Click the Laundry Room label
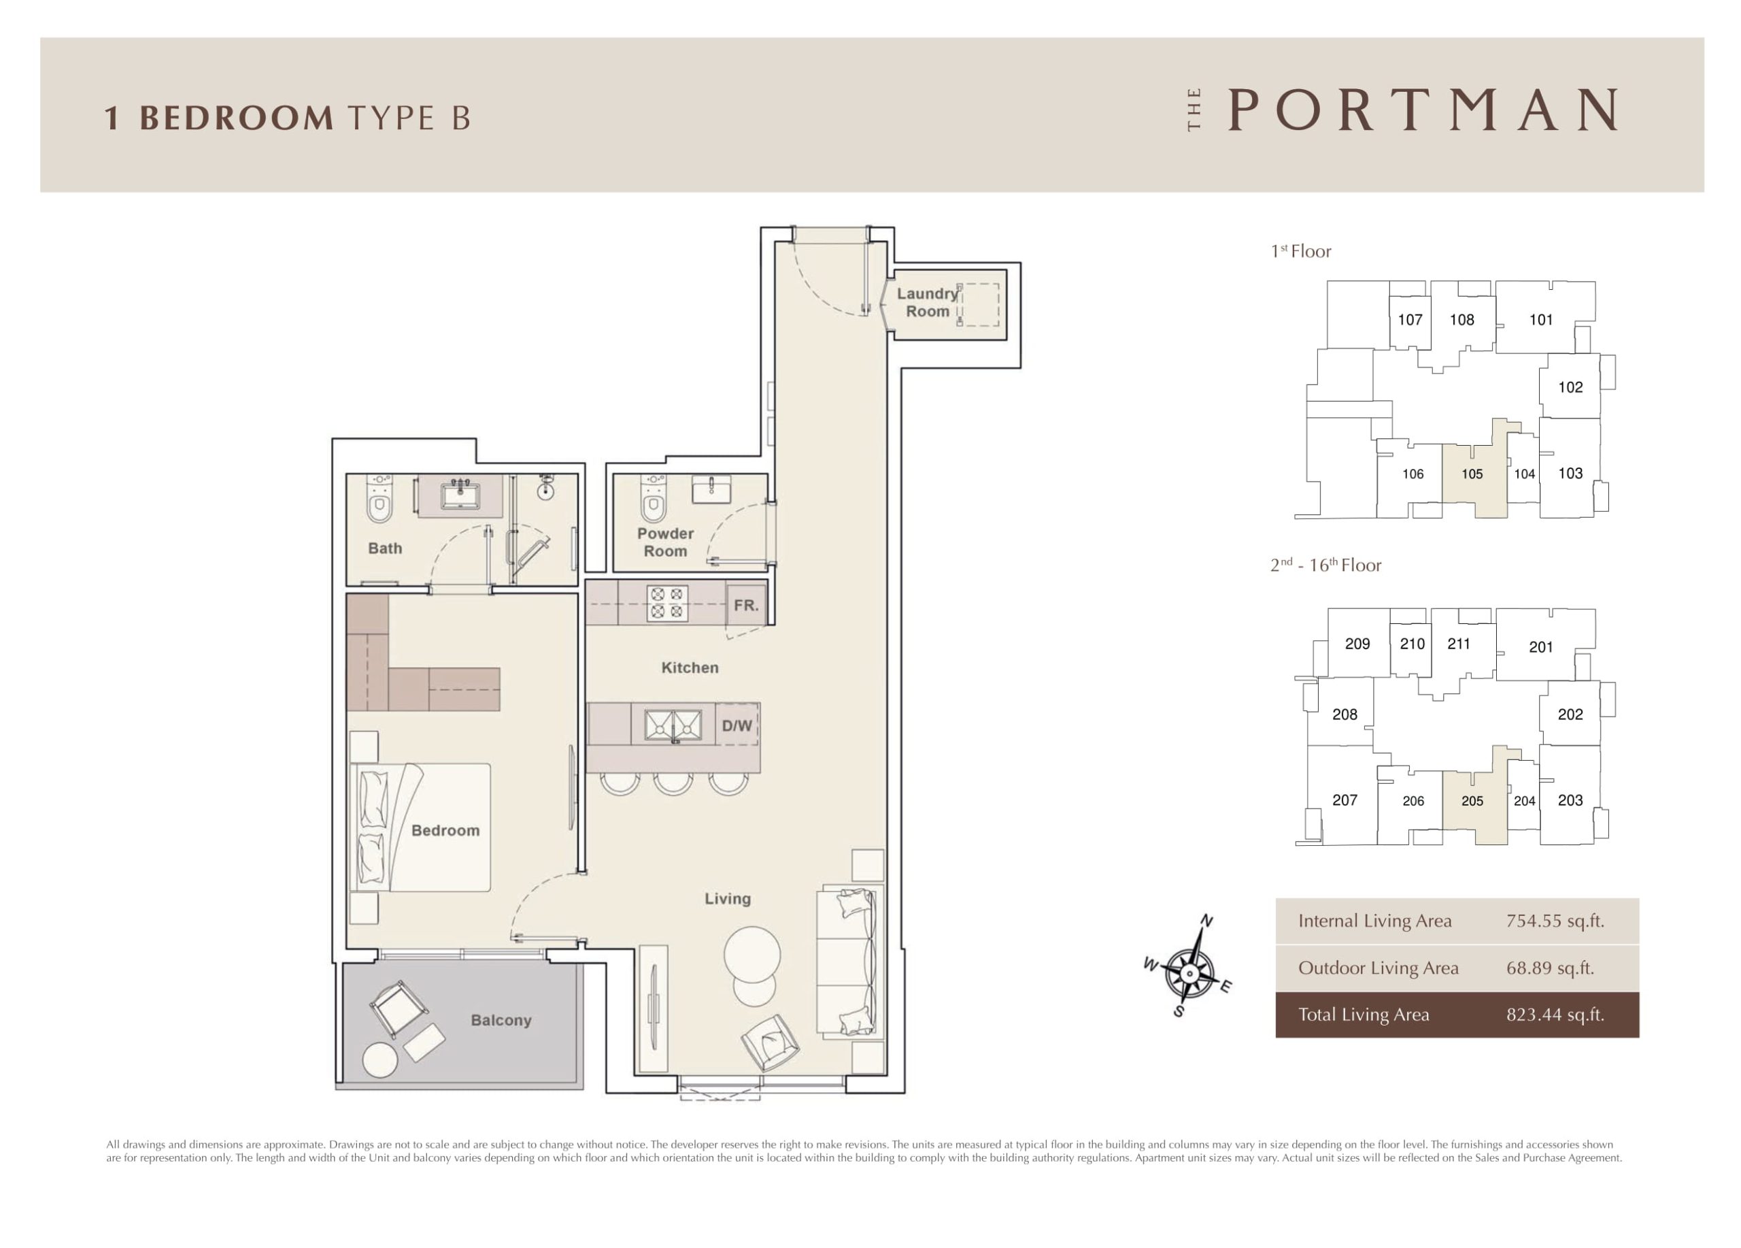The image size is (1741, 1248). pos(928,302)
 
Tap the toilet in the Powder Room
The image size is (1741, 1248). pos(654,499)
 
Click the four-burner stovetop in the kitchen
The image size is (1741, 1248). pos(666,603)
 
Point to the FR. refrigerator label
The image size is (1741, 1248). pos(745,605)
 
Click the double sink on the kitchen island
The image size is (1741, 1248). pos(673,725)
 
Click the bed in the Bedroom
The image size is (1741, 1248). pos(421,827)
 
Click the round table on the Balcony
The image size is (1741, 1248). pos(380,1061)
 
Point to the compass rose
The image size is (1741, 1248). pos(1189,973)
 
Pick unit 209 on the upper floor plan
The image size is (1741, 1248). pos(1357,644)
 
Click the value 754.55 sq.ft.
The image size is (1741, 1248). pos(1555,921)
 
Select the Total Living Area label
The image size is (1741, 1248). pos(1364,1015)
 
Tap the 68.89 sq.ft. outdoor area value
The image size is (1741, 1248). pos(1550,968)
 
